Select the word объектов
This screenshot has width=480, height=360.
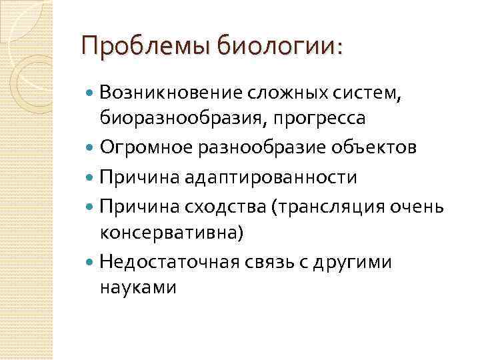pyautogui.click(x=377, y=147)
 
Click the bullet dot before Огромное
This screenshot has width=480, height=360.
pyautogui.click(x=91, y=147)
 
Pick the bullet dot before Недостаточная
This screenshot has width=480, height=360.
pyautogui.click(x=91, y=263)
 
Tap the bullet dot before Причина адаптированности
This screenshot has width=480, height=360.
pyautogui.click(x=91, y=177)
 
